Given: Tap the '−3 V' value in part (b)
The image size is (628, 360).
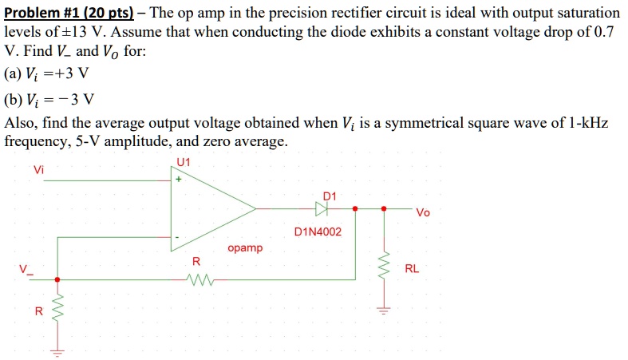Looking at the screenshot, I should (x=77, y=100).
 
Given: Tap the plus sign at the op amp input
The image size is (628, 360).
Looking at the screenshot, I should (x=178, y=180).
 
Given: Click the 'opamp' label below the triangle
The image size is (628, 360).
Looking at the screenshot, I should (x=244, y=248).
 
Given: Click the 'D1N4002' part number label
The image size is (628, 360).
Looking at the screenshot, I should (x=317, y=232).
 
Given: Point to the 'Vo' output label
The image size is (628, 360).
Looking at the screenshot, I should (x=422, y=213).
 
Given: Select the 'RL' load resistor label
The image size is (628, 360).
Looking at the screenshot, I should (x=412, y=269).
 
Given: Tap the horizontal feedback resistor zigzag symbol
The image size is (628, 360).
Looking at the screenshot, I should (x=196, y=279).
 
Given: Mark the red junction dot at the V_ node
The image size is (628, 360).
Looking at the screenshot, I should (x=57, y=279).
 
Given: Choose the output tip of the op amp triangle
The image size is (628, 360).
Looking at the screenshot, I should (x=255, y=209).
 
